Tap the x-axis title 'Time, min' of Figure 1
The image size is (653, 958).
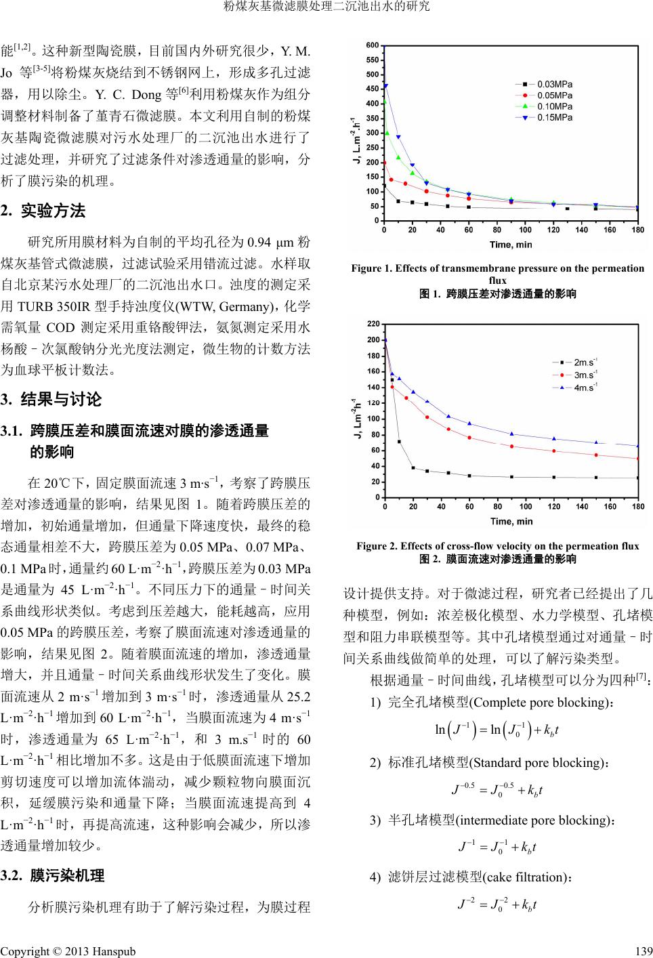pos(511,244)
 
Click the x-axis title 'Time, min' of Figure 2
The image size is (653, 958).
pos(511,521)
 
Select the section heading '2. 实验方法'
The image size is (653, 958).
pos(43,211)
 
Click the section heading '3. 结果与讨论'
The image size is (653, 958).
pos(51,400)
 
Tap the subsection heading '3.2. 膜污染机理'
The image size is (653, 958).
pos(53,876)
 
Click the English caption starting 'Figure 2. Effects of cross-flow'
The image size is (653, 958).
pos(497,546)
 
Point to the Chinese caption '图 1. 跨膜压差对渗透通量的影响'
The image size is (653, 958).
pos(497,294)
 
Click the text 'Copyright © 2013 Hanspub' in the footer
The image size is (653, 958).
pos(68,951)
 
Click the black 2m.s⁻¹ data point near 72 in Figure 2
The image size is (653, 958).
pos(399,442)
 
